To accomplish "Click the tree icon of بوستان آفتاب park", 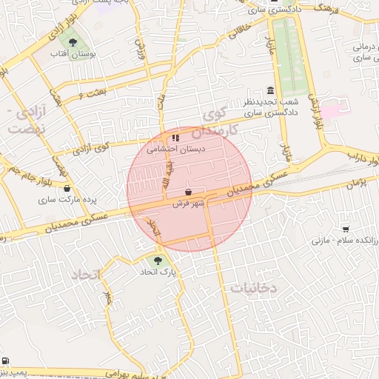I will coord(72,42).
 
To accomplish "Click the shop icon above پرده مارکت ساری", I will coord(67,188).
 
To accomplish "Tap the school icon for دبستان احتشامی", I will coord(175,137).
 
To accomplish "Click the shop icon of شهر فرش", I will coord(188,191).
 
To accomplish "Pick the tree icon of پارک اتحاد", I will coord(157,260).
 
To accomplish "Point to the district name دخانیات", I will coord(253,288).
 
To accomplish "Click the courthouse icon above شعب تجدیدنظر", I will coord(269,90).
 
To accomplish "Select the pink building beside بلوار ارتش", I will coord(331,109).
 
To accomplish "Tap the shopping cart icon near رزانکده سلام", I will coord(346,229).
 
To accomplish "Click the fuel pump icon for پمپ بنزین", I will coord(6,360).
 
